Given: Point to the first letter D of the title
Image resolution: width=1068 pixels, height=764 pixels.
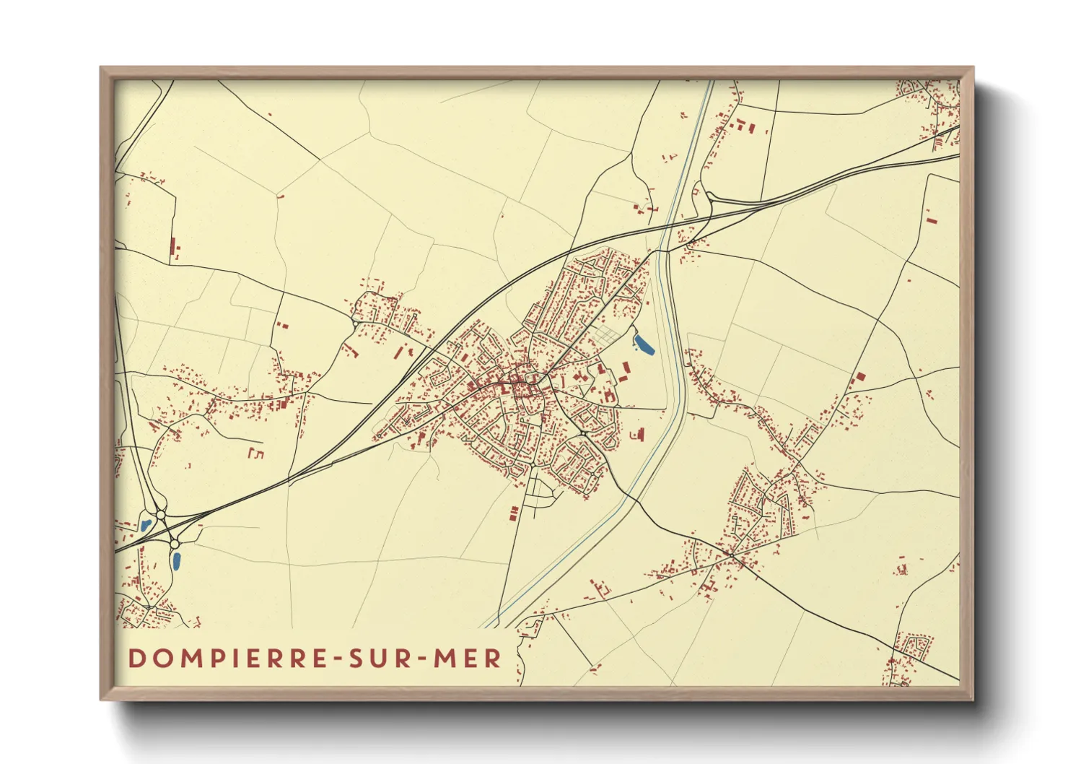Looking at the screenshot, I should (x=136, y=659).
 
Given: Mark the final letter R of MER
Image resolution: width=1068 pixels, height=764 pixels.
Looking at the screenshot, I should (x=494, y=659).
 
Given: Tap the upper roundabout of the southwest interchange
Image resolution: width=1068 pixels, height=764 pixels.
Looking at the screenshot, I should (x=160, y=515).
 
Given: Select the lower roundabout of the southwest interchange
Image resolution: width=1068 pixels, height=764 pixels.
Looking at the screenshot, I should (x=174, y=543).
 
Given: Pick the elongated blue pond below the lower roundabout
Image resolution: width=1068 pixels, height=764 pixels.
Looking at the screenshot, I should (x=175, y=560).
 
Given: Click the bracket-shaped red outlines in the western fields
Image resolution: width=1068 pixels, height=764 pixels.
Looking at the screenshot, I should (x=255, y=453).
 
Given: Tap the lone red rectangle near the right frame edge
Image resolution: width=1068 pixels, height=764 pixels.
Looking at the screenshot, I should (x=930, y=217).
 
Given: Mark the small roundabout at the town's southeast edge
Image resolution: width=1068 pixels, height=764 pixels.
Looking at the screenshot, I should (x=582, y=433).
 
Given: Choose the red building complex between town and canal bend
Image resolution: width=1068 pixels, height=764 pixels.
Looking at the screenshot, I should (x=638, y=433).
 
